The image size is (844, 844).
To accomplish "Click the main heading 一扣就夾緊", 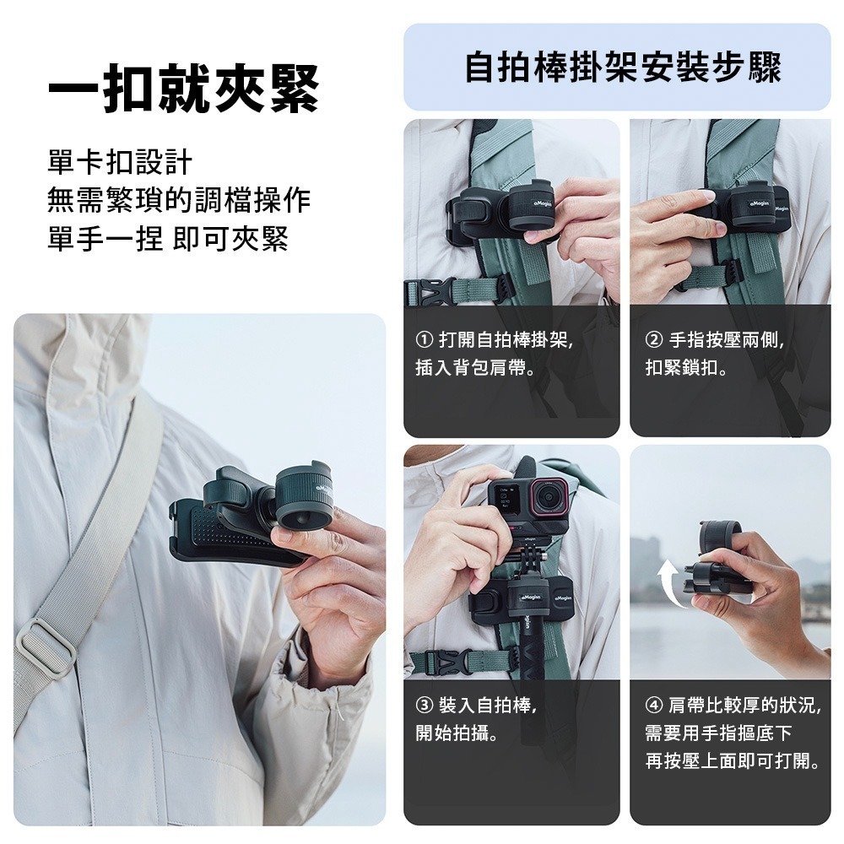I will coord(183,87).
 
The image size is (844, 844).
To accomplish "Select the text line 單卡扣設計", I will coord(120,162).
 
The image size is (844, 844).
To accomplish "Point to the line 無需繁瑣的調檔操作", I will coord(179,201).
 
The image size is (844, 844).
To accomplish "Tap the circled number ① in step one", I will coord(425,341).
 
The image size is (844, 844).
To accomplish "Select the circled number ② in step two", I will coord(653,341).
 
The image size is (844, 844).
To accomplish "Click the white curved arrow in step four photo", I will coord(668,582).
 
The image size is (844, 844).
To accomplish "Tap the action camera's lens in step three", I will coord(550,496).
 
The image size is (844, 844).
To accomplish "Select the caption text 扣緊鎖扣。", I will coord(688,369).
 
